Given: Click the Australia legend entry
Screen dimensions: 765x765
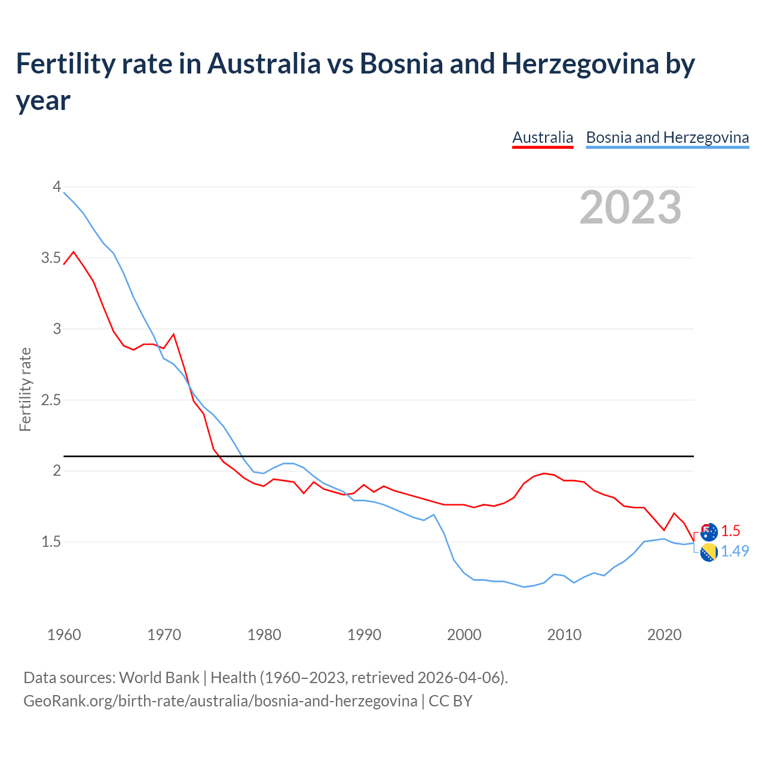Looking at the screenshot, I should (543, 137).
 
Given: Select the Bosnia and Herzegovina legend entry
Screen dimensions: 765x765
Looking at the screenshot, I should (667, 137).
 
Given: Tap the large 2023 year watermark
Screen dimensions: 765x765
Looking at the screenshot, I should (631, 207).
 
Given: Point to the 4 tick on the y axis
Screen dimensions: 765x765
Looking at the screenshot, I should (57, 187).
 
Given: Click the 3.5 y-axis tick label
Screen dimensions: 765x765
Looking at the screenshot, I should (51, 258).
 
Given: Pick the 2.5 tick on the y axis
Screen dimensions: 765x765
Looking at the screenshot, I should (51, 400).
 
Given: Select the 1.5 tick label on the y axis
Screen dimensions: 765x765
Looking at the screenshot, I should (51, 542).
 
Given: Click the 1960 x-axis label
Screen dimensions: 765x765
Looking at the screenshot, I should (64, 635).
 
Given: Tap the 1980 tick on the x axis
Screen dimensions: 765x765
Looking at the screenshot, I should (264, 635).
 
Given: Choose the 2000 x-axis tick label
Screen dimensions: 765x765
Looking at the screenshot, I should (464, 635).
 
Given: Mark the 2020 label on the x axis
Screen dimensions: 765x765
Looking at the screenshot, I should (664, 635).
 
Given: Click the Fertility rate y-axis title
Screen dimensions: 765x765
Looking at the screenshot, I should (25, 389).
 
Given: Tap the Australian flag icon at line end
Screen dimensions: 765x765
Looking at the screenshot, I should (709, 531).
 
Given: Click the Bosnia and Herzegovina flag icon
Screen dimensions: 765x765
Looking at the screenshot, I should (709, 553).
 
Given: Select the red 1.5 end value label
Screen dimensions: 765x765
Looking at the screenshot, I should (730, 531).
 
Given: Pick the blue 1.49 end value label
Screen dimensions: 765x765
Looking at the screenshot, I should (735, 551).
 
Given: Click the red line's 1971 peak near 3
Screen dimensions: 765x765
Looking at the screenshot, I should (174, 334).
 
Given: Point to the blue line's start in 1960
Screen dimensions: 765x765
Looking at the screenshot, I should (65, 192).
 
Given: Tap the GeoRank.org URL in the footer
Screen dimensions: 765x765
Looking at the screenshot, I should (220, 700).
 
